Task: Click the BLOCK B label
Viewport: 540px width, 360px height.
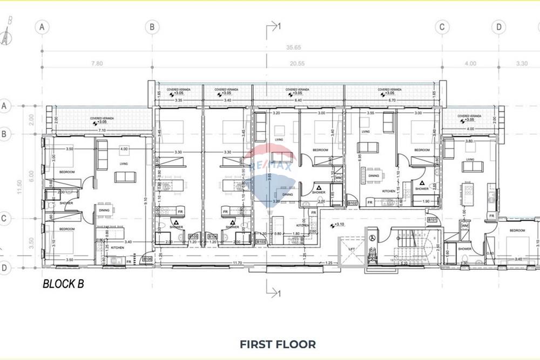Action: click(x=63, y=283)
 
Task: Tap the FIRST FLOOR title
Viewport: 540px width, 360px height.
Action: click(x=278, y=344)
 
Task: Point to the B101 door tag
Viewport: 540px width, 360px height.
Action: click(x=432, y=220)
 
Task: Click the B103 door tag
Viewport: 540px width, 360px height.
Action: click(x=261, y=242)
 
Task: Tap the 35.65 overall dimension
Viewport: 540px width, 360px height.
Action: click(x=294, y=47)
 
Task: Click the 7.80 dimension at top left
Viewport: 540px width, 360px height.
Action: click(x=97, y=64)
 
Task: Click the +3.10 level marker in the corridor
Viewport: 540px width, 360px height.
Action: click(x=339, y=225)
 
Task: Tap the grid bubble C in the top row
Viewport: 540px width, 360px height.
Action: click(x=442, y=26)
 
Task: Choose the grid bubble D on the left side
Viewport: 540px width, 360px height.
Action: click(x=4, y=267)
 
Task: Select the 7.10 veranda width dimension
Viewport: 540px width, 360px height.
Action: click(x=102, y=130)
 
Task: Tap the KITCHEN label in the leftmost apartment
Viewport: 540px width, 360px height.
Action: click(x=117, y=248)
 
